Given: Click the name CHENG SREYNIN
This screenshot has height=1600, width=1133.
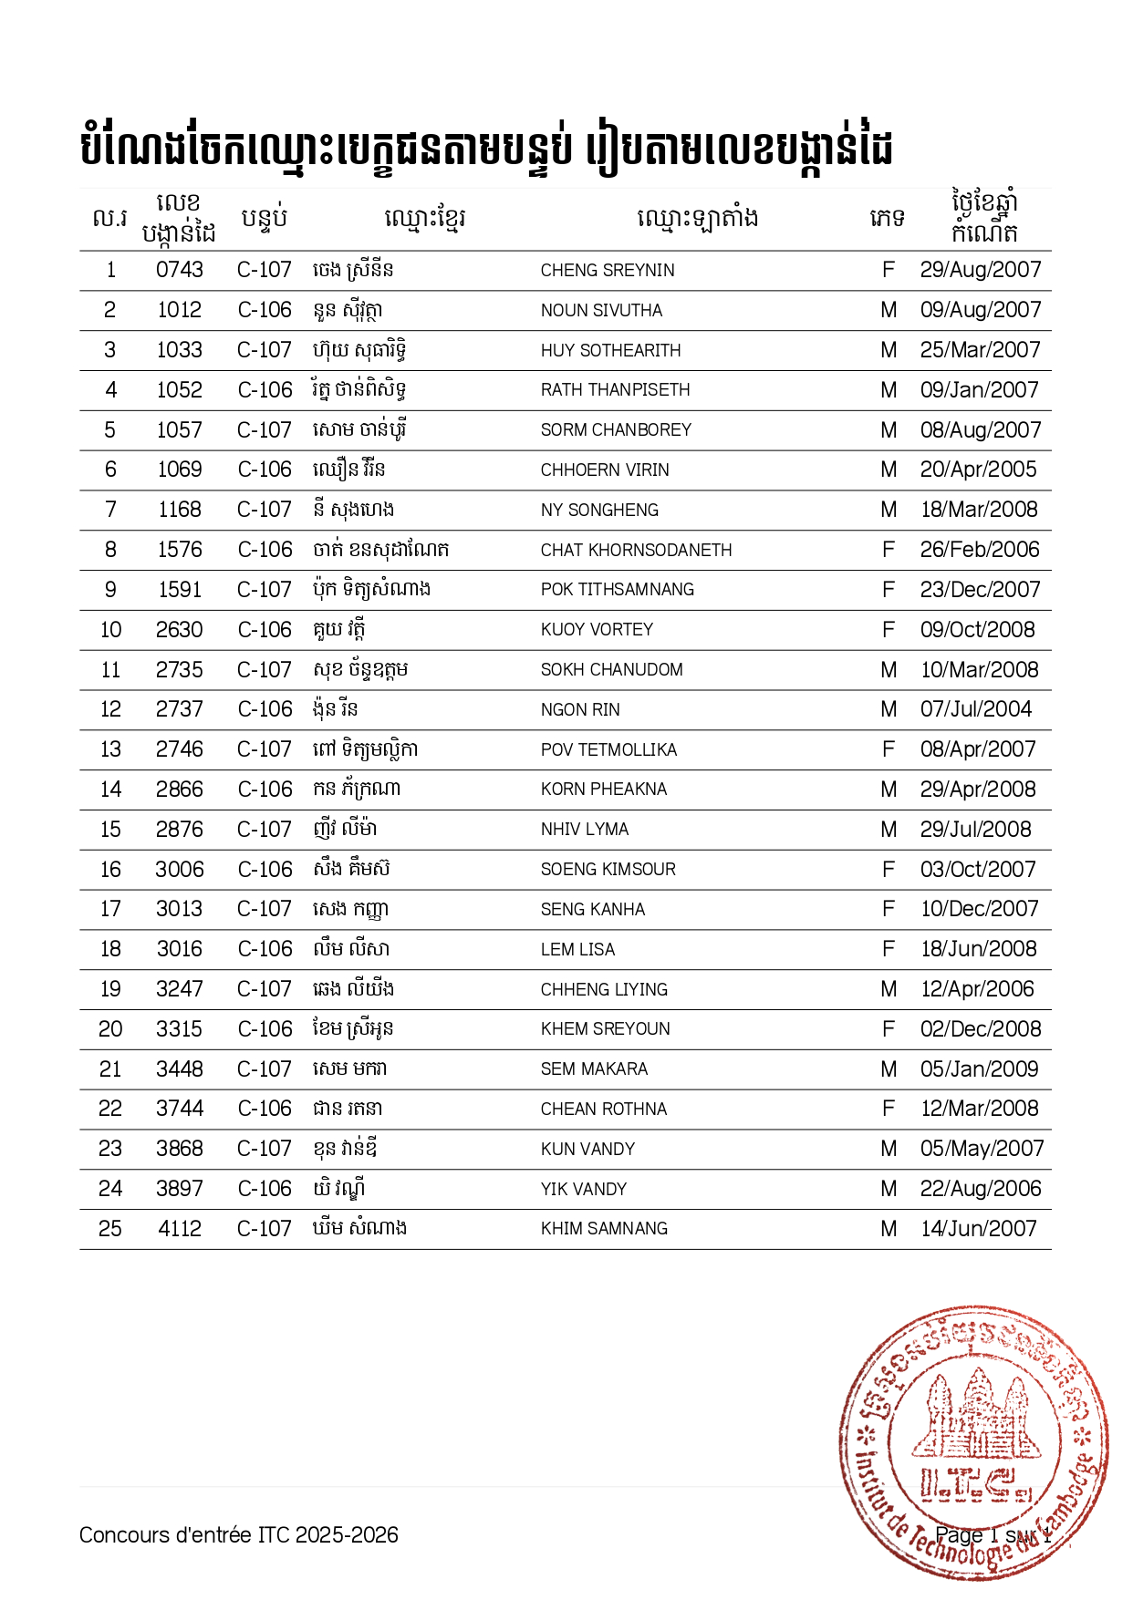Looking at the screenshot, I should click(608, 271).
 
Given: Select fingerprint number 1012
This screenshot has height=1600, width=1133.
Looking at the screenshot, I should click(179, 310).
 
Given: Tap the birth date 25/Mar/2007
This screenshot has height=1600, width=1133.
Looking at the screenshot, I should click(980, 350).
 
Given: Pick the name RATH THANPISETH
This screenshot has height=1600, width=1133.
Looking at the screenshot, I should click(615, 390).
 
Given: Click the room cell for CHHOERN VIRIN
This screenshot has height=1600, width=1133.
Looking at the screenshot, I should click(265, 470).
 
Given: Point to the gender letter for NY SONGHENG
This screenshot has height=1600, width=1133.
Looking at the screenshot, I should click(889, 510).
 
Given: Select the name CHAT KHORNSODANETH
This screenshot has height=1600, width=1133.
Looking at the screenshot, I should click(636, 550).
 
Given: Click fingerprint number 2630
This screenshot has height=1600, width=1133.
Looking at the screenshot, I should click(179, 630).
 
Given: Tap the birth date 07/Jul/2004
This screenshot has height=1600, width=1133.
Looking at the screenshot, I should click(975, 709).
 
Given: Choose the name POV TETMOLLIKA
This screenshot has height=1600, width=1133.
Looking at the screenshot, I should click(608, 749).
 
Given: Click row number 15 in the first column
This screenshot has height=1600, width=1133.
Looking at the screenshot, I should click(110, 830).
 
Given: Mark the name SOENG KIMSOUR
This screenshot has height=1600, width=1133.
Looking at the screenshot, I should click(608, 870).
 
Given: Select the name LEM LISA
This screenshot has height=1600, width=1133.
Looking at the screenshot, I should click(577, 949).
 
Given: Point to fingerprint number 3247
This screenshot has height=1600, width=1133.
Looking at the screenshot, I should click(179, 989).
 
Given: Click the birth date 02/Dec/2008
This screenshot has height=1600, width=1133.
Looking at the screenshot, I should click(980, 1029).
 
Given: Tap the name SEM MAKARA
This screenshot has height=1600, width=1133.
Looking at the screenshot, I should click(594, 1068).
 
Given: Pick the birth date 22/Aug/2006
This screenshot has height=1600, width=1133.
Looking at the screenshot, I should click(980, 1189).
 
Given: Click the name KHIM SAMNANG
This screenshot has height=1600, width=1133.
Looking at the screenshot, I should click(604, 1229).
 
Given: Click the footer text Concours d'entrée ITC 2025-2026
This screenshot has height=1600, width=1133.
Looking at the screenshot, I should click(239, 1535).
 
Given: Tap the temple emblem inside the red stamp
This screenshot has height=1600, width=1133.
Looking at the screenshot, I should click(976, 1413).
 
